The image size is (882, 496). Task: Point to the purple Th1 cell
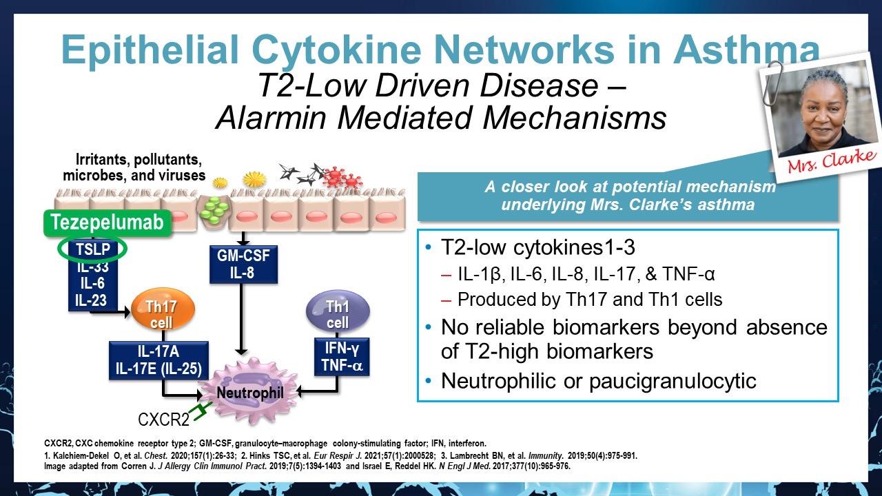click(x=338, y=314)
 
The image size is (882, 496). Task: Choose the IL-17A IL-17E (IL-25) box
click(x=158, y=360)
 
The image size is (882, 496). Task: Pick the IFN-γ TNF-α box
click(x=341, y=356)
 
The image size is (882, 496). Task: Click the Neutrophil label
click(x=250, y=393)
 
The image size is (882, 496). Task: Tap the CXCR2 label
click(x=163, y=419)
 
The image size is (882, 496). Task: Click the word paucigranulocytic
click(x=668, y=380)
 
